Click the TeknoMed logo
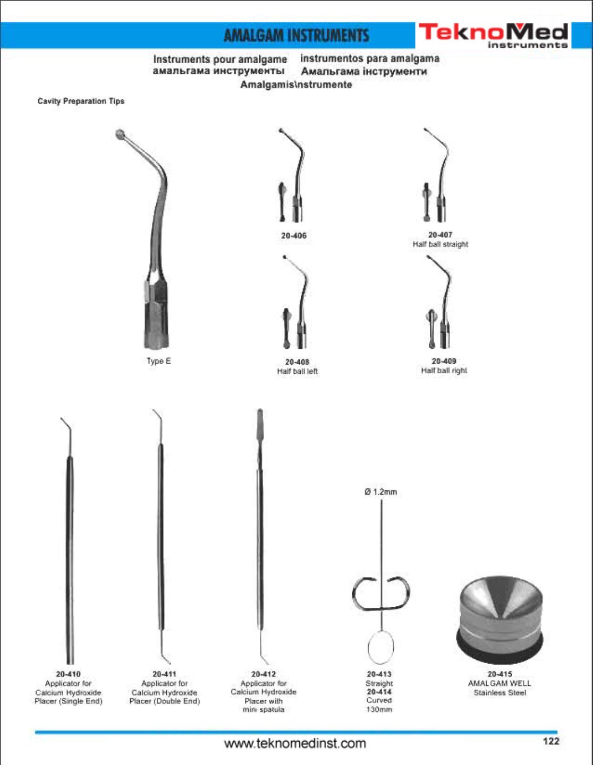(493, 35)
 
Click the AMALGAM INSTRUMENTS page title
(296, 36)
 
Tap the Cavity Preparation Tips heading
(81, 101)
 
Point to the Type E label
(159, 361)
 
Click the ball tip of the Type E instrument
(120, 134)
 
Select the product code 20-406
(293, 236)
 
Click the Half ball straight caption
(440, 244)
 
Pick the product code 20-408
(298, 362)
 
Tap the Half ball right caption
(444, 371)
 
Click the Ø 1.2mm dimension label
(380, 492)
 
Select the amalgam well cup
(499, 620)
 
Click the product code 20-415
(499, 674)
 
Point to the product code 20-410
(69, 674)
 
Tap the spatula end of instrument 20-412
(260, 423)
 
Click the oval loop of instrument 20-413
(380, 648)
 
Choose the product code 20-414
(379, 692)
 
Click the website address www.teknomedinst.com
(295, 744)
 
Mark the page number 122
(551, 741)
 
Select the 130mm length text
(379, 709)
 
